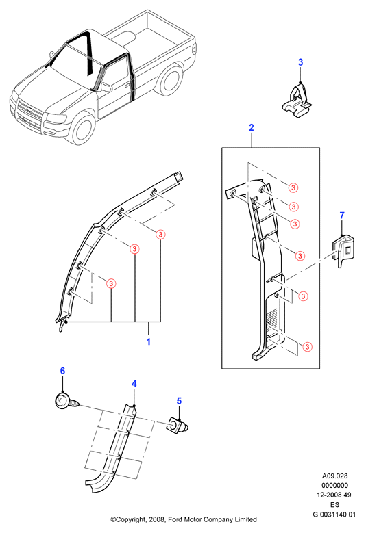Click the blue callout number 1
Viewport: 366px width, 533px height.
(149, 341)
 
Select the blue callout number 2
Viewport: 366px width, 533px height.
(252, 127)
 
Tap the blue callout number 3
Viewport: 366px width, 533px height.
(300, 62)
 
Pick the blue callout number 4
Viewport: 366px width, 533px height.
(134, 383)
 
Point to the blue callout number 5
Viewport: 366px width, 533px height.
(179, 401)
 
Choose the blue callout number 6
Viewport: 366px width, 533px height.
(62, 371)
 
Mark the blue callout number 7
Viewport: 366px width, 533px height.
(342, 215)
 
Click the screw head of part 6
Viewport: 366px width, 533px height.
(62, 400)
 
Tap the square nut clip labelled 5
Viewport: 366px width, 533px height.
(177, 426)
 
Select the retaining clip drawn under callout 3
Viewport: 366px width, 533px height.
(297, 102)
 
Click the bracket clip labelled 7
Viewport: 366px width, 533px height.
(343, 251)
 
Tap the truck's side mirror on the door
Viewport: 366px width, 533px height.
(106, 87)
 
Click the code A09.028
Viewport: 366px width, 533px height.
(335, 476)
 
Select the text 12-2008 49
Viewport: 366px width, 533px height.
(334, 495)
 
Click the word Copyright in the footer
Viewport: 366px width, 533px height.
(131, 520)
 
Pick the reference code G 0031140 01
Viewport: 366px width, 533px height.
(334, 515)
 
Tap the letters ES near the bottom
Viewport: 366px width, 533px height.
(335, 505)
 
